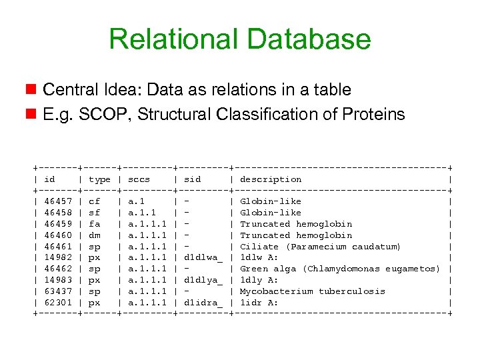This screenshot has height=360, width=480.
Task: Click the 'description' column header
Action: click(270, 179)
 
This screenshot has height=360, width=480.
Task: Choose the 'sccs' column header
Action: click(139, 179)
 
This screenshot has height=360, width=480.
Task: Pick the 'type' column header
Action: click(99, 179)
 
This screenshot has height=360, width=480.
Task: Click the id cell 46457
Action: click(58, 201)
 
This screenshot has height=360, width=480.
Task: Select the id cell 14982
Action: click(58, 257)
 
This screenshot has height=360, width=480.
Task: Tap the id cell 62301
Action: click(58, 303)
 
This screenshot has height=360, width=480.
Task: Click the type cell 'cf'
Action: click(94, 201)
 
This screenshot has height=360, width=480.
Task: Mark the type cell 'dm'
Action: click(94, 235)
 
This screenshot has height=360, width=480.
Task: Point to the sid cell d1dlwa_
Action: click(203, 257)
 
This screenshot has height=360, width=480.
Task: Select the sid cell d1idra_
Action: click(203, 303)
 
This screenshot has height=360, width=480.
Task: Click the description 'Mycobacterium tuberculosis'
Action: click(313, 291)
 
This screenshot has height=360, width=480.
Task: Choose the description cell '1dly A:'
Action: click(259, 280)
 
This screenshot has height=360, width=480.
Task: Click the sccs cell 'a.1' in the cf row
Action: click(136, 201)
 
